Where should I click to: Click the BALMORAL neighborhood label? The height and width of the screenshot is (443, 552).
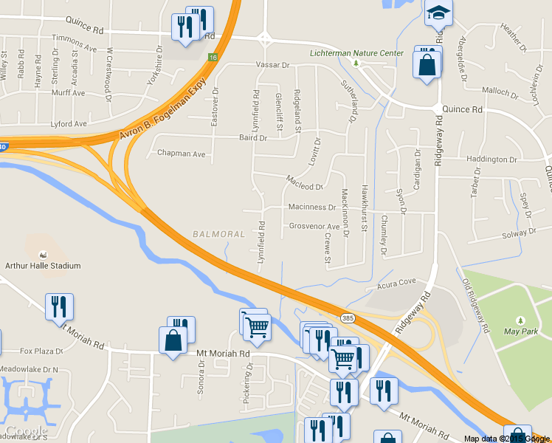coord(218,234)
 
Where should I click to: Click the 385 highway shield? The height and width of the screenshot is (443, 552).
coord(348,317)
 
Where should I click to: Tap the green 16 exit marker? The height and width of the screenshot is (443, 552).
coord(213,57)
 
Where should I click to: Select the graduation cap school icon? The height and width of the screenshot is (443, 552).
coord(438,13)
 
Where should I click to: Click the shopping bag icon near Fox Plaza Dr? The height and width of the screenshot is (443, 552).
coord(173,341)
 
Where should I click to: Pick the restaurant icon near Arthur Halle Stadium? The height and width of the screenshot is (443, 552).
coord(59,306)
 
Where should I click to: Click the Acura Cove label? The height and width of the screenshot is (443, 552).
coord(396,282)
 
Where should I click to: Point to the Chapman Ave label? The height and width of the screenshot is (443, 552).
coord(182,154)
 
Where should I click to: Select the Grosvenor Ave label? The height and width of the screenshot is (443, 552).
coord(314,226)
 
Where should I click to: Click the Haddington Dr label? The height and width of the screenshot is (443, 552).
coord(492,159)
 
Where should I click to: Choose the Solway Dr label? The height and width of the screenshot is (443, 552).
coord(519,233)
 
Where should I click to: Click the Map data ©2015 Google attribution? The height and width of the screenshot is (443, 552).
coord(507,439)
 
